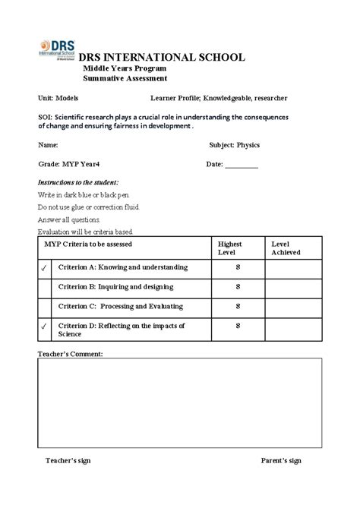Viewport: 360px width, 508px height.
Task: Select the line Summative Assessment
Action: pyautogui.click(x=125, y=78)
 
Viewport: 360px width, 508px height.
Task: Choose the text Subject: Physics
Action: pyautogui.click(x=234, y=144)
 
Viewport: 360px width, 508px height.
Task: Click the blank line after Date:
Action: pyautogui.click(x=242, y=164)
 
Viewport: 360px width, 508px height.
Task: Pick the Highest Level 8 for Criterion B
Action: pyautogui.click(x=238, y=287)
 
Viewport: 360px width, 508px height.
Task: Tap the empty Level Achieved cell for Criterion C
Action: pyautogui.click(x=292, y=306)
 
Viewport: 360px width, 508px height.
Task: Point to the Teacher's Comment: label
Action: pyautogui.click(x=70, y=354)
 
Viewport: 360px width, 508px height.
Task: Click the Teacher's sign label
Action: pyautogui.click(x=68, y=460)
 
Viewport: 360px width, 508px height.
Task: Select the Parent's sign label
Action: pyautogui.click(x=281, y=460)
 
